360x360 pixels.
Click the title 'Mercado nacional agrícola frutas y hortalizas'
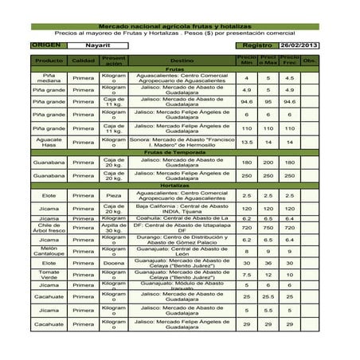click(179, 27)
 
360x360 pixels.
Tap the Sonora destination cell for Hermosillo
click(182, 142)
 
